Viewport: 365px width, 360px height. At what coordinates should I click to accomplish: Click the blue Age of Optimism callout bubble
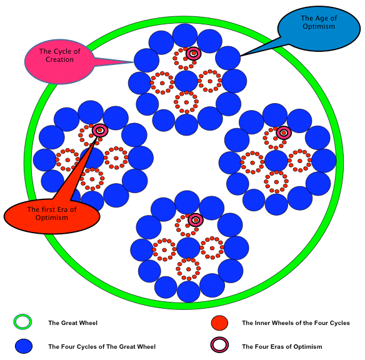click(x=319, y=28)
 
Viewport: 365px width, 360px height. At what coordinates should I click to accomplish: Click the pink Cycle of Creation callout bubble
click(x=59, y=62)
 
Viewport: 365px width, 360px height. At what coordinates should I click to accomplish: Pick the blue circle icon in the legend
click(x=24, y=346)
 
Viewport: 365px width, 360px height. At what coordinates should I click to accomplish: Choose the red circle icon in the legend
click(x=219, y=322)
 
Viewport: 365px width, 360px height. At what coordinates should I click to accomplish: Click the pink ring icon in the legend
click(x=219, y=345)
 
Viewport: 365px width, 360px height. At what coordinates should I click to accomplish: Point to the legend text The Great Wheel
click(x=73, y=323)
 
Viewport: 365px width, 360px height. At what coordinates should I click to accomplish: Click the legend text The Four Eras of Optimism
click(x=282, y=347)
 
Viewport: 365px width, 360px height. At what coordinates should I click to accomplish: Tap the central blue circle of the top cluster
click(x=186, y=81)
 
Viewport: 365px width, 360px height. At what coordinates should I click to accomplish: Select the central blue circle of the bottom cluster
click(x=188, y=248)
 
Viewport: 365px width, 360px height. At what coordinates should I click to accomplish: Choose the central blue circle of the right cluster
click(x=276, y=161)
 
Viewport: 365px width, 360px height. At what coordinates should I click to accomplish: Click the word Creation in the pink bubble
click(x=59, y=59)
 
